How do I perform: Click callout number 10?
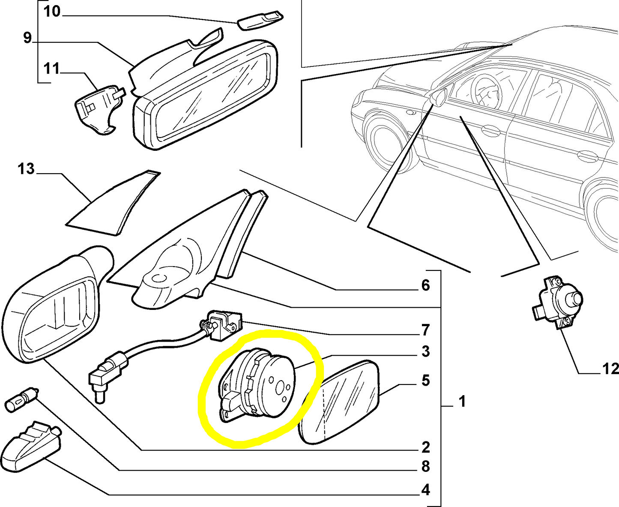click(52, 12)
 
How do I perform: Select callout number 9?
click(27, 38)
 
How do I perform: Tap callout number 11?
click(51, 69)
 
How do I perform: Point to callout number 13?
click(26, 169)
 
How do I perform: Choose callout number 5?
click(425, 381)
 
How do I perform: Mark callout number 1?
click(462, 402)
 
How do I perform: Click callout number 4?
click(425, 490)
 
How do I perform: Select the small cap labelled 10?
click(260, 20)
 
